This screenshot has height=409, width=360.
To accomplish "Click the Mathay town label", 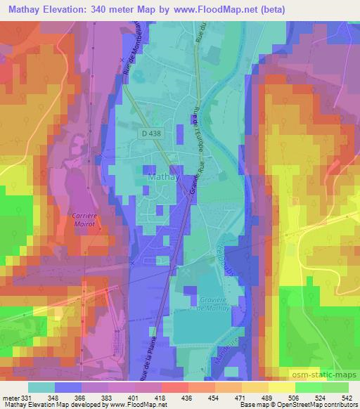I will (x=158, y=178).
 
